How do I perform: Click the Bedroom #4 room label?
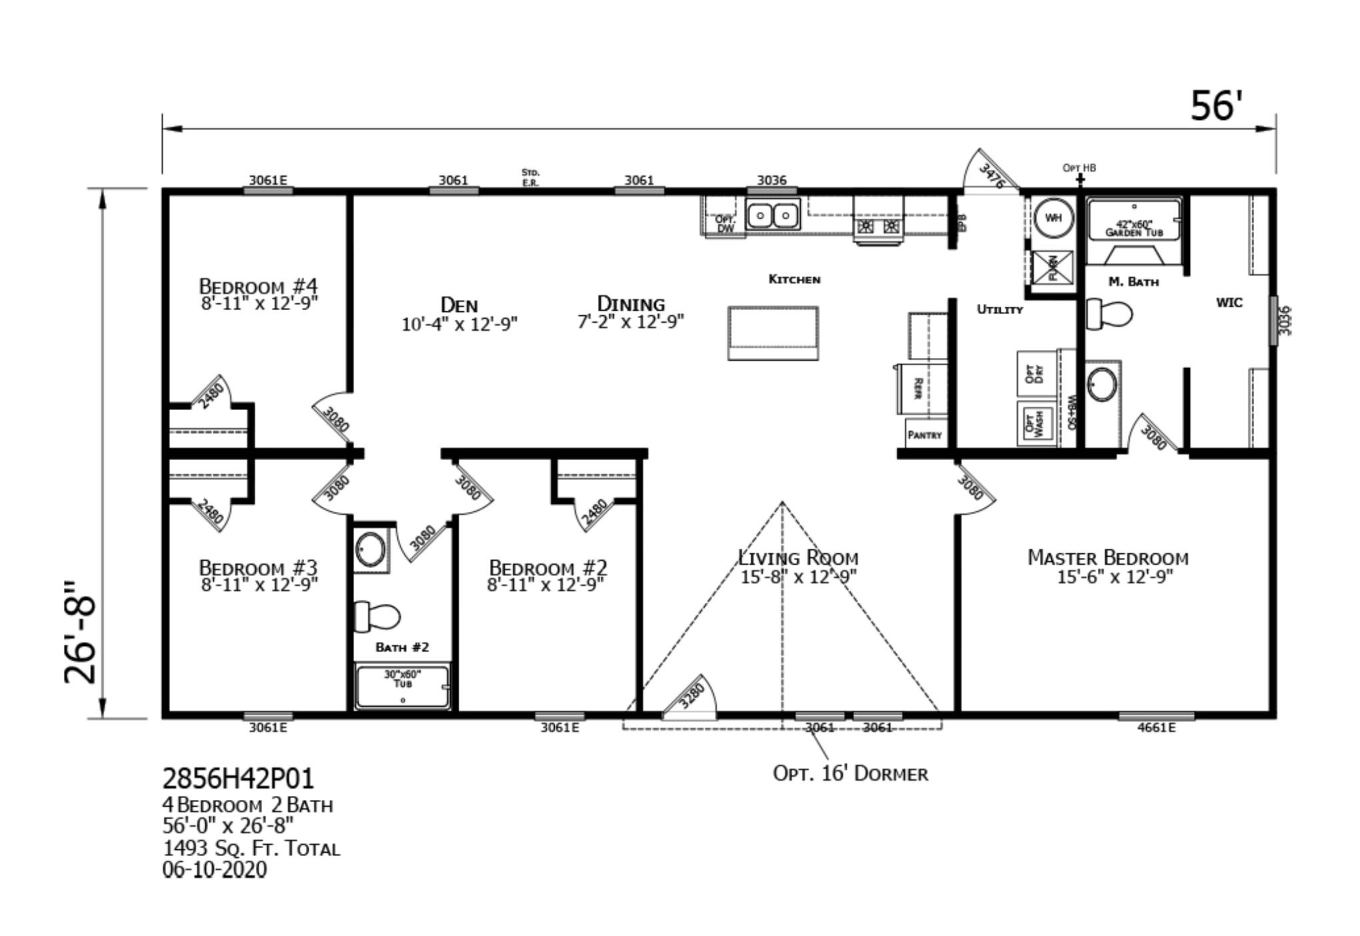click(259, 287)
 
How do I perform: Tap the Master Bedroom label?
click(1107, 557)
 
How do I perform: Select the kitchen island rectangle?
click(773, 333)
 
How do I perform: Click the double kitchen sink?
click(773, 216)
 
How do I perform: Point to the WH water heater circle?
click(1053, 218)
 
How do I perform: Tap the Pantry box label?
click(925, 435)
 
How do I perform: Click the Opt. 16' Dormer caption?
click(850, 774)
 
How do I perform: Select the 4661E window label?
click(1156, 727)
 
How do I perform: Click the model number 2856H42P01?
click(237, 778)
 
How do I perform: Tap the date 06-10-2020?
click(214, 870)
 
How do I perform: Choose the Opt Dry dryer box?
click(1035, 373)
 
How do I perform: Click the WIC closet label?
click(1229, 303)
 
